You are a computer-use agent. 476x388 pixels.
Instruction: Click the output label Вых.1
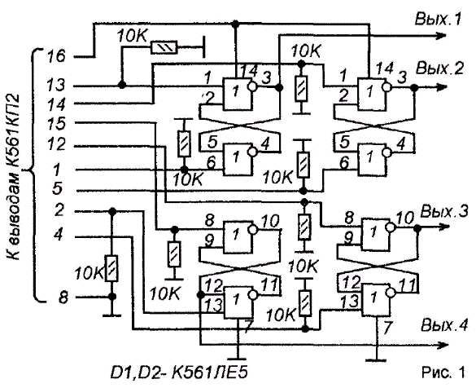pyautogui.click(x=438, y=19)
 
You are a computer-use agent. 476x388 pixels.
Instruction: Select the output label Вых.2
pyautogui.click(x=439, y=68)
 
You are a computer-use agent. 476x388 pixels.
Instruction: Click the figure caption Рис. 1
pyautogui.click(x=443, y=373)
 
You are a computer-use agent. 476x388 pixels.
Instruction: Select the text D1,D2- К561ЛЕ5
pyautogui.click(x=179, y=373)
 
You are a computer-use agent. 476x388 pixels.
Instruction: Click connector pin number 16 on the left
pyautogui.click(x=56, y=56)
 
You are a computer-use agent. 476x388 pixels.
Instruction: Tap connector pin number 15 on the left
pyautogui.click(x=56, y=124)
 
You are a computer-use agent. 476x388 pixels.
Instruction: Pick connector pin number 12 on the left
pyautogui.click(x=56, y=143)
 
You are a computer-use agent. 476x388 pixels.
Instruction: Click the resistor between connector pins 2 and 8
pyautogui.click(x=112, y=268)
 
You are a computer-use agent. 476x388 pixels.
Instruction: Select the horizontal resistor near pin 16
pyautogui.click(x=164, y=48)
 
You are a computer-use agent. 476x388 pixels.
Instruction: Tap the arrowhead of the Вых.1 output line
pyautogui.click(x=441, y=36)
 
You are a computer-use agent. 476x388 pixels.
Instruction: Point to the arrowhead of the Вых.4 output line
pyautogui.click(x=442, y=345)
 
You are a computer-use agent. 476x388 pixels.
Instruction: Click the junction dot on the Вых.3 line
pyautogui.click(x=417, y=227)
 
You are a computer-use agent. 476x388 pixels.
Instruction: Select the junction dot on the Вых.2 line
pyautogui.click(x=413, y=88)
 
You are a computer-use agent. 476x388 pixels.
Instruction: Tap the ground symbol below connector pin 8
pyautogui.click(x=112, y=316)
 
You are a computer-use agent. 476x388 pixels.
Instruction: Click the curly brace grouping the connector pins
pyautogui.click(x=33, y=174)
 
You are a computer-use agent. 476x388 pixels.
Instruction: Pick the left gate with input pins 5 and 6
pyautogui.click(x=238, y=159)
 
